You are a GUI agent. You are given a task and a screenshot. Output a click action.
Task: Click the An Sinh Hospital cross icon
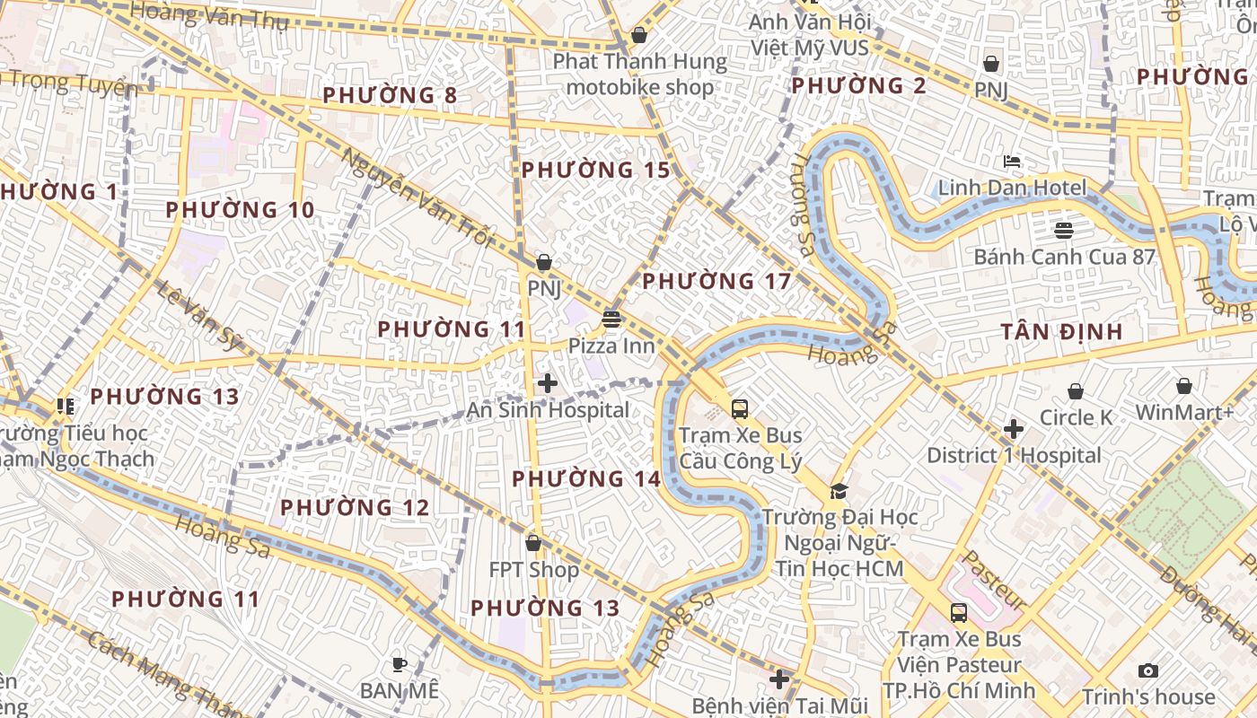tap(547, 383)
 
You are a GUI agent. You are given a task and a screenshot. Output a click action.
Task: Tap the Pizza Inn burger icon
tap(611, 319)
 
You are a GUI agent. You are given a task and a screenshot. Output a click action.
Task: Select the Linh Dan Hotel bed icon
tap(1012, 162)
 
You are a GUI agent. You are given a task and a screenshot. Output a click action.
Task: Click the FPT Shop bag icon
tap(533, 543)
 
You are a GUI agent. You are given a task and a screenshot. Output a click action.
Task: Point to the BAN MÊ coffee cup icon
tap(400, 664)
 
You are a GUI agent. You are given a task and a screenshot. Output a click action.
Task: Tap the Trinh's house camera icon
tap(1147, 670)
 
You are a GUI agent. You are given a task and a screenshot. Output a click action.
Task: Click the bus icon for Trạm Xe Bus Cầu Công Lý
tap(740, 409)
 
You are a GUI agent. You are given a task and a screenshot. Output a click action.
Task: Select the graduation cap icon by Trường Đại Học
tap(839, 491)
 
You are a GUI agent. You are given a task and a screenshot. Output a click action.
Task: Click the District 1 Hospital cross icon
tap(1014, 429)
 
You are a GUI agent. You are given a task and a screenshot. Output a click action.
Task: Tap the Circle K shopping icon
tap(1075, 391)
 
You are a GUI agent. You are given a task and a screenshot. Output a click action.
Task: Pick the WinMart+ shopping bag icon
tap(1184, 386)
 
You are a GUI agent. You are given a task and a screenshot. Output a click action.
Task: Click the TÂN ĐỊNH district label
tap(1062, 332)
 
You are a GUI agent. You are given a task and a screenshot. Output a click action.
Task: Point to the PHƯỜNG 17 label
tap(716, 281)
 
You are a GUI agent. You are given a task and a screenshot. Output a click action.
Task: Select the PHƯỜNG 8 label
tap(390, 95)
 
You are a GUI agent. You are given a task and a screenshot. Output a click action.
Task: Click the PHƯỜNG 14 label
tap(586, 478)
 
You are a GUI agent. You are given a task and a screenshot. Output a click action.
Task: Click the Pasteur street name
tap(994, 581)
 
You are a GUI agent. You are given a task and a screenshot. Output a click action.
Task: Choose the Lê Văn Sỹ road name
tap(199, 314)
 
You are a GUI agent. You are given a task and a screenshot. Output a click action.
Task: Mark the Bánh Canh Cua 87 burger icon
tap(1064, 230)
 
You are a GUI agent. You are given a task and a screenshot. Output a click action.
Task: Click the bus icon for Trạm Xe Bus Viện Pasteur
tap(959, 613)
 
